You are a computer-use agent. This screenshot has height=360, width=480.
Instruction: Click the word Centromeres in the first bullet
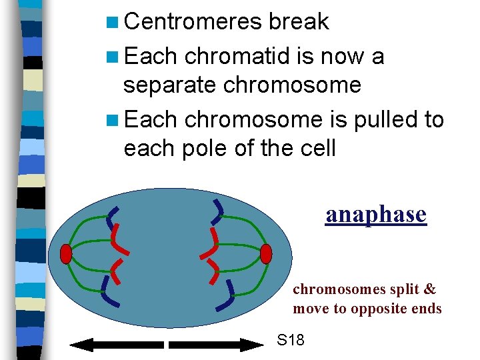(x=193, y=21)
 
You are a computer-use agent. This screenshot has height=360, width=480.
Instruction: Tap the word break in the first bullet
(x=299, y=21)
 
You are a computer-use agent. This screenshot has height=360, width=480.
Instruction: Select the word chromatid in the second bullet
(x=238, y=56)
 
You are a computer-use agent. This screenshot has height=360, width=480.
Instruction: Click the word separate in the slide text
(x=170, y=85)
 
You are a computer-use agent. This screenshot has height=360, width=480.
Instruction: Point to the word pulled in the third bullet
(x=383, y=119)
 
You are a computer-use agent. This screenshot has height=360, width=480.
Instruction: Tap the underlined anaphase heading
(x=375, y=214)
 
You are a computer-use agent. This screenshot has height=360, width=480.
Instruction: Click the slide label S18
(x=291, y=341)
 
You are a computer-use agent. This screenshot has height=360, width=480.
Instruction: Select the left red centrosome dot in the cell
(x=65, y=254)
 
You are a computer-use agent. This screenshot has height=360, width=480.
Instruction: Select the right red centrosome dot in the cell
(x=266, y=254)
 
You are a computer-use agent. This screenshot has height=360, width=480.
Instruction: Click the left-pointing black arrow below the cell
(x=117, y=345)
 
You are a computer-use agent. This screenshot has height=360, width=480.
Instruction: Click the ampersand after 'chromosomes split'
(x=430, y=289)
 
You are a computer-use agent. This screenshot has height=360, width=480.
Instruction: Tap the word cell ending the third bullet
(x=313, y=148)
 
